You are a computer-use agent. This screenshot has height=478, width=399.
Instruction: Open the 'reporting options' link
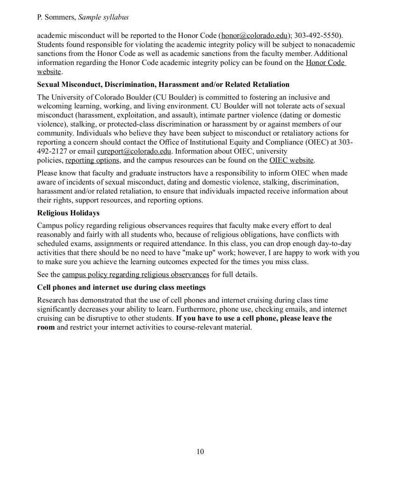93,160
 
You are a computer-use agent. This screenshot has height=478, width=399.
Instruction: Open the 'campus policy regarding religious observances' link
135,274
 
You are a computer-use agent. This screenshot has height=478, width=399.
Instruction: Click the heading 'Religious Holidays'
68,213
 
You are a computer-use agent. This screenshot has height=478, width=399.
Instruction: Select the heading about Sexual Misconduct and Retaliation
163,85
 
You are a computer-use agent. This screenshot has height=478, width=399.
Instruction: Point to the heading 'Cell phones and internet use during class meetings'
121,287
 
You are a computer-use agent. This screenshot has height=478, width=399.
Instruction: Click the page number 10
200,451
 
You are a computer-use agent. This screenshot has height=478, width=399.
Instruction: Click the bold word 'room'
46,327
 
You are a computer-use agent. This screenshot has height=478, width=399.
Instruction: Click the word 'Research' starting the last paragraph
52,300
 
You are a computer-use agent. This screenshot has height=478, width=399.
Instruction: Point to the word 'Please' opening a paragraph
47,173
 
